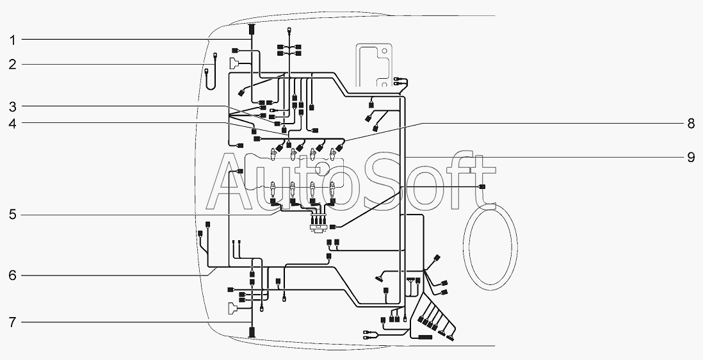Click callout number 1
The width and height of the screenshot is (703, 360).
pos(12,40)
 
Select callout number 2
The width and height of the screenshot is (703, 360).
pos(12,64)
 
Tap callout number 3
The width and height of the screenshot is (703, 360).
pos(12,106)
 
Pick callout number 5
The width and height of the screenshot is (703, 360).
pos(12,215)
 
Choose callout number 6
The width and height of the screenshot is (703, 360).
pos(12,275)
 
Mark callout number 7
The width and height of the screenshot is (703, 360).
pos(12,322)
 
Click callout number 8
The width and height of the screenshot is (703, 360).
pos(690,124)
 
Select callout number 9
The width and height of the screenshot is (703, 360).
pos(690,157)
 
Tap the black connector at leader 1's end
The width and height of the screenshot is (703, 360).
pos(252,29)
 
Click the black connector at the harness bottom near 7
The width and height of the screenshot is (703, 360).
pos(252,332)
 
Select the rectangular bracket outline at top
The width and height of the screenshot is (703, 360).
pos(375,67)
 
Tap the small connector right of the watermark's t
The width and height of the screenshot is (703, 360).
pos(482,186)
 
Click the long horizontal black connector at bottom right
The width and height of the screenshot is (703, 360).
pos(426,337)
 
